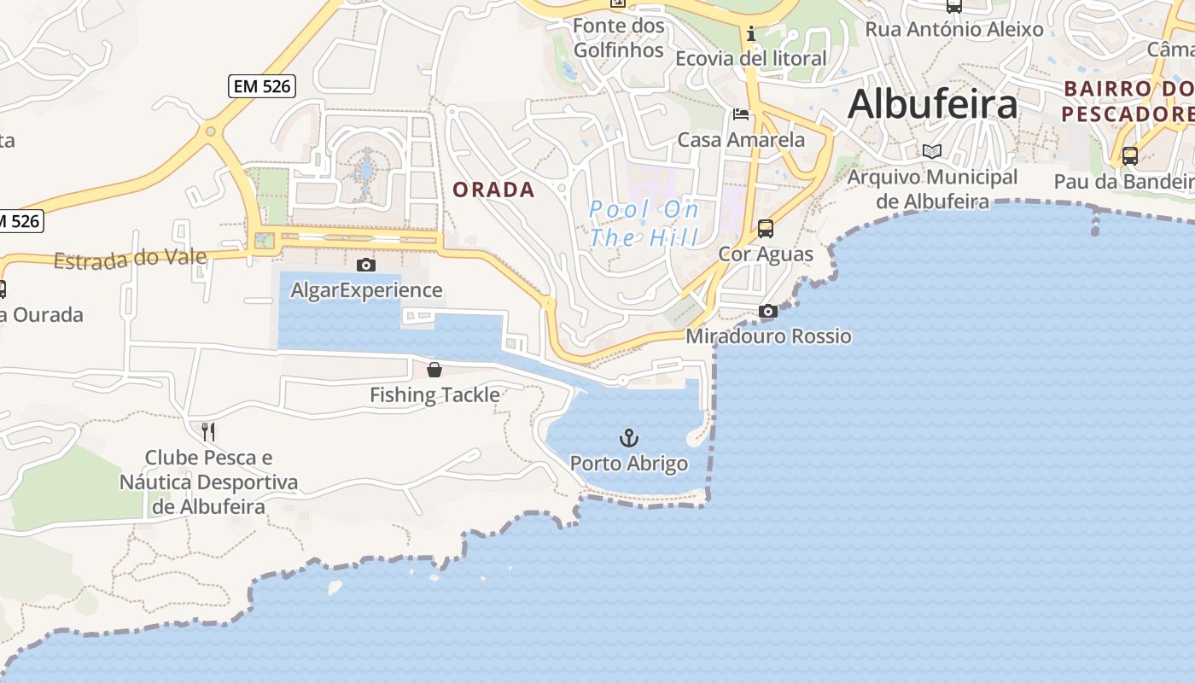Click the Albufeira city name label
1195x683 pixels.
(x=932, y=104)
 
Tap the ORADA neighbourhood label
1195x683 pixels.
(x=493, y=190)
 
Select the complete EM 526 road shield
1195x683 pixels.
(x=262, y=85)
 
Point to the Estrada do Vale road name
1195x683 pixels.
(x=130, y=259)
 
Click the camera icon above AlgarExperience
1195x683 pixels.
(x=366, y=266)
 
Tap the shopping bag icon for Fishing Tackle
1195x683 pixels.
(x=434, y=370)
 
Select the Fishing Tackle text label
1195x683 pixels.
(x=434, y=394)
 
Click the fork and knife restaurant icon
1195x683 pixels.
(x=208, y=432)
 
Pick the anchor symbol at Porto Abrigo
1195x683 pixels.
(x=628, y=439)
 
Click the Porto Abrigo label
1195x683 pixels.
(x=628, y=464)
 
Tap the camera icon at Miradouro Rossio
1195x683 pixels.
(x=768, y=312)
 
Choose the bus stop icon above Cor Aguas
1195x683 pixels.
(x=766, y=229)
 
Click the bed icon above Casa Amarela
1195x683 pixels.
(x=741, y=114)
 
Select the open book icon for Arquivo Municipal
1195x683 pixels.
(x=932, y=152)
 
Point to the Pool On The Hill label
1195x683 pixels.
(x=644, y=223)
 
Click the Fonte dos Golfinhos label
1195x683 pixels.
(x=619, y=38)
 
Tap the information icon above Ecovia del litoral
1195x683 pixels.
(x=751, y=34)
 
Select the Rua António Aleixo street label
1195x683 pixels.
(x=954, y=29)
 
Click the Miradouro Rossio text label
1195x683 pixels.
(x=768, y=336)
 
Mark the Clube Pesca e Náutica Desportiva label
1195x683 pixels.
(x=209, y=482)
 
